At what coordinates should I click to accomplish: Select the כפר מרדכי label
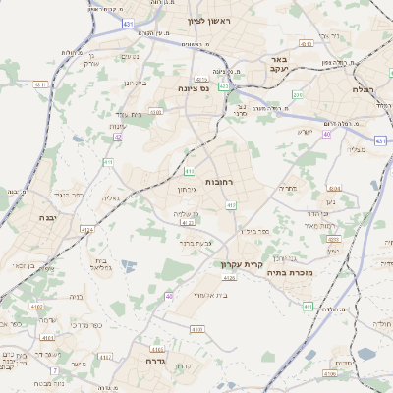(x=78, y=324)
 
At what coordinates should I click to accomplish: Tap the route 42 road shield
(x=118, y=137)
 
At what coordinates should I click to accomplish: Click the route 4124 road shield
(x=87, y=230)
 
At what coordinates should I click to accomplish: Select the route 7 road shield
(x=54, y=370)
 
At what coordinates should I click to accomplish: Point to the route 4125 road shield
(x=229, y=278)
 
